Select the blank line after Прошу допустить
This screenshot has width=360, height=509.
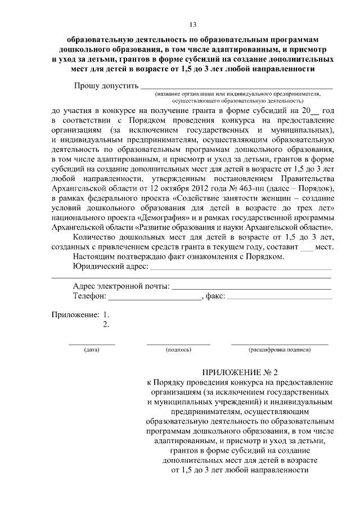coord(236,88)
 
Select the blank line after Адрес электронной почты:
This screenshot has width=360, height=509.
coord(251,289)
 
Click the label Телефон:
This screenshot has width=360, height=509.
coord(89,297)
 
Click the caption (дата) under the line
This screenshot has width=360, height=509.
coord(92,350)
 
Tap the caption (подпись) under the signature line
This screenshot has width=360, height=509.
coord(178,350)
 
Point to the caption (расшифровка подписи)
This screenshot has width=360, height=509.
coord(280,350)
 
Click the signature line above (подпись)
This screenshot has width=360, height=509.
coord(178,343)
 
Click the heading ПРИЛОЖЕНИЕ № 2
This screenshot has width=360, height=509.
coord(240,372)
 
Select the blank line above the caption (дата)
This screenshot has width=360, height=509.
coord(92,343)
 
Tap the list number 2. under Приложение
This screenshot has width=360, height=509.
coord(106,325)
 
